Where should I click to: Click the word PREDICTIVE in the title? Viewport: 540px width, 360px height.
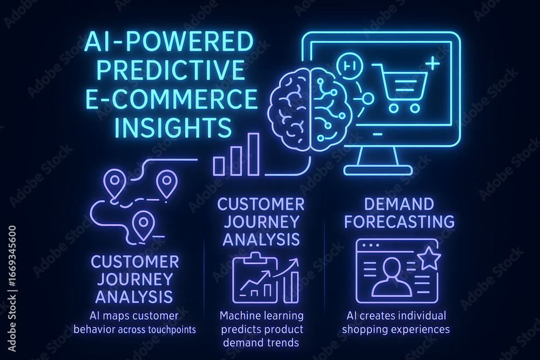click(x=171, y=69)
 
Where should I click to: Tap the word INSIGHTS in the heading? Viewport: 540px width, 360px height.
click(x=173, y=127)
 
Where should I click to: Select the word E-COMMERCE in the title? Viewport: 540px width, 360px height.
click(x=171, y=98)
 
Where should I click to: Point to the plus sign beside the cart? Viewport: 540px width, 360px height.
click(x=433, y=64)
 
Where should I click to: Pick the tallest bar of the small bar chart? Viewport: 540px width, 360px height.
click(x=253, y=154)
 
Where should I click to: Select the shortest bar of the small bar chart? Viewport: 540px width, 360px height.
click(x=219, y=166)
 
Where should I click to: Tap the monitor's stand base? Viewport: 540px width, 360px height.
click(x=378, y=170)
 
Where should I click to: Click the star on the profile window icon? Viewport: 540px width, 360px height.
click(x=429, y=257)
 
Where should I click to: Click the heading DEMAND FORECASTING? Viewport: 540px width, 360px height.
click(x=400, y=213)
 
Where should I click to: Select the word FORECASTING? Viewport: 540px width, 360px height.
click(x=400, y=222)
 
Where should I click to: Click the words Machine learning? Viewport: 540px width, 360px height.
click(x=262, y=316)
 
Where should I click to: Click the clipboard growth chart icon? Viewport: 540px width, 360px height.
click(x=266, y=277)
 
